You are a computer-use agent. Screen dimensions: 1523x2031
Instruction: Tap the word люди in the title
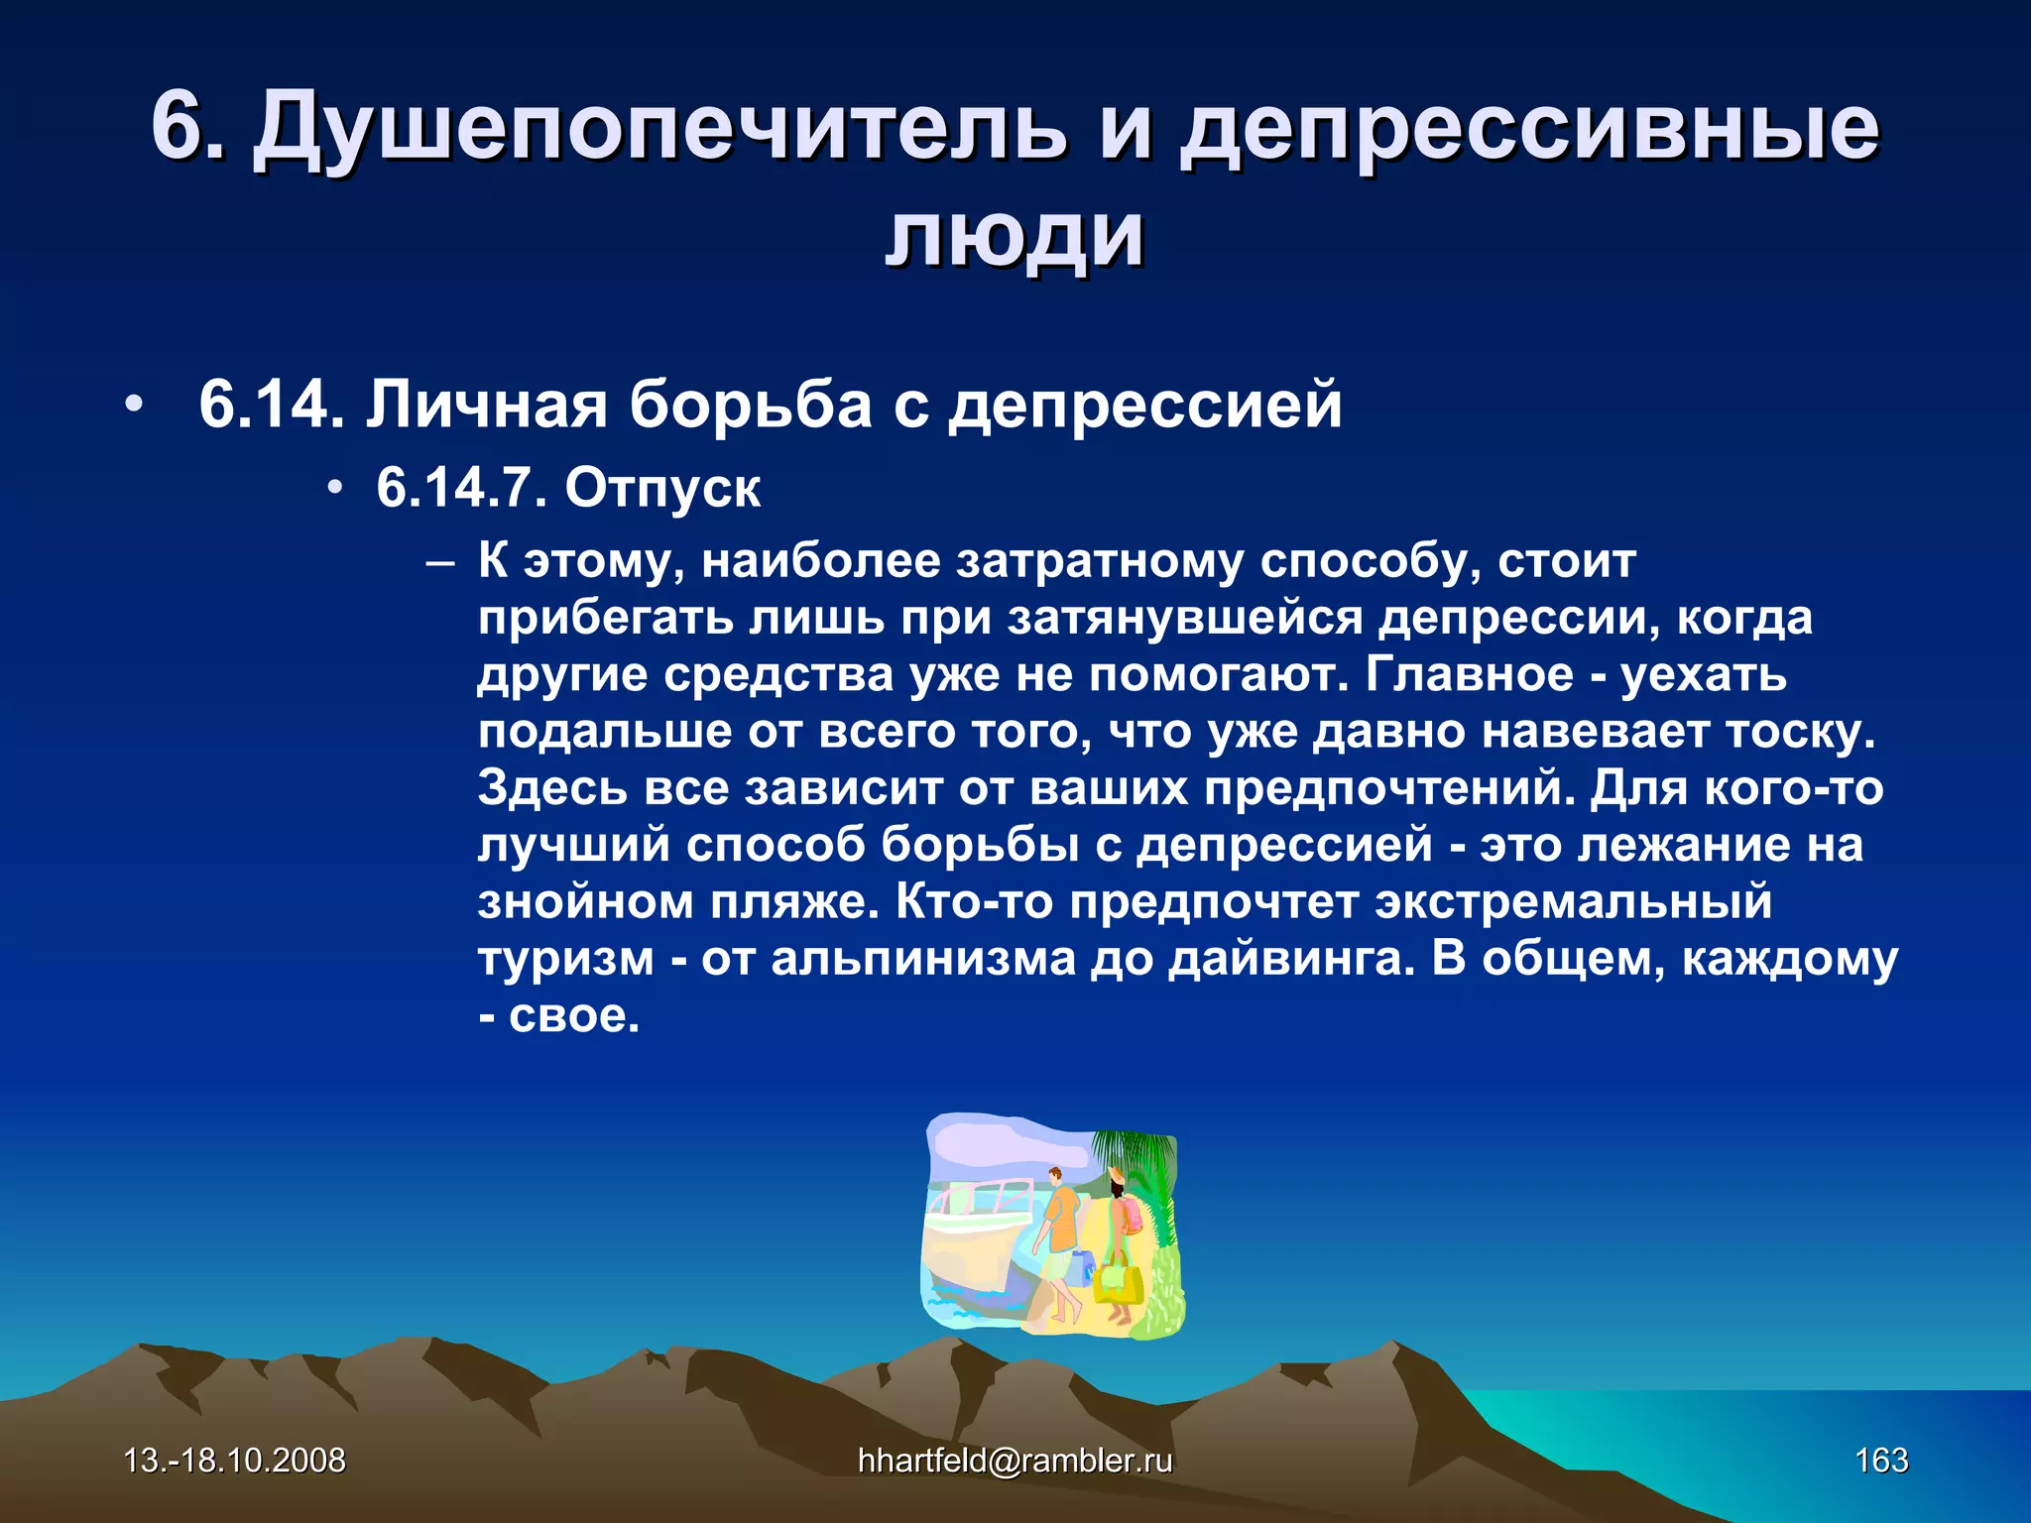click(1015, 238)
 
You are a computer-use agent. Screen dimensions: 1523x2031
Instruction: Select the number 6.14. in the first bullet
click(271, 405)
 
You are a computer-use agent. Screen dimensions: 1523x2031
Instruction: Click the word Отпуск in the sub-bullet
click(662, 488)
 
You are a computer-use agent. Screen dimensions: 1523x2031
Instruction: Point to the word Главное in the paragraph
click(1469, 675)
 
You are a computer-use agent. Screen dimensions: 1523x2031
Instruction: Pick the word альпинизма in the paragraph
click(923, 959)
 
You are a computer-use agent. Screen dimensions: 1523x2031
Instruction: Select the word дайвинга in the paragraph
click(1290, 959)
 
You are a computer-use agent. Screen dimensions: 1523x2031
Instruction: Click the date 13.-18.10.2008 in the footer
click(234, 1460)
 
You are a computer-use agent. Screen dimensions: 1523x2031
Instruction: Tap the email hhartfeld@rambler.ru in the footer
click(1015, 1460)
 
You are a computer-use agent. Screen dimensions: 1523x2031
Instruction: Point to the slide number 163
click(1881, 1460)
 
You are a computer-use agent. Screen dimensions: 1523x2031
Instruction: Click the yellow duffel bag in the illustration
click(1118, 1281)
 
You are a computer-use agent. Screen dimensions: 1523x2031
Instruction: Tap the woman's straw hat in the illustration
click(1117, 1175)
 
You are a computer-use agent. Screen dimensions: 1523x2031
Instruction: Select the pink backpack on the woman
click(1132, 1216)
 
